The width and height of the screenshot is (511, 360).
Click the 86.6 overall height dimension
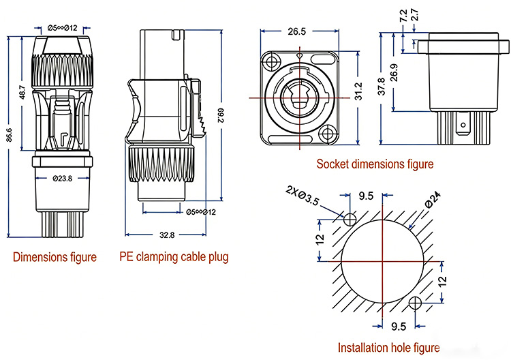point(8,134)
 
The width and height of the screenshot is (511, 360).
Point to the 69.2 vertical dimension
point(220,115)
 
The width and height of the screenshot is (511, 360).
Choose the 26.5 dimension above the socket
point(296,31)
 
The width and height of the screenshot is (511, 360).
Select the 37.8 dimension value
point(382,87)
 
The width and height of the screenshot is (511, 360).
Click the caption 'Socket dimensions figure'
point(375,164)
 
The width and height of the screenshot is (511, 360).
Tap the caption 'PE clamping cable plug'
point(174,257)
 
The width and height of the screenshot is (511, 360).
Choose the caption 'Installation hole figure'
point(388,347)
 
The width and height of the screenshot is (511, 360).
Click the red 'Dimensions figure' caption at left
point(55,257)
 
